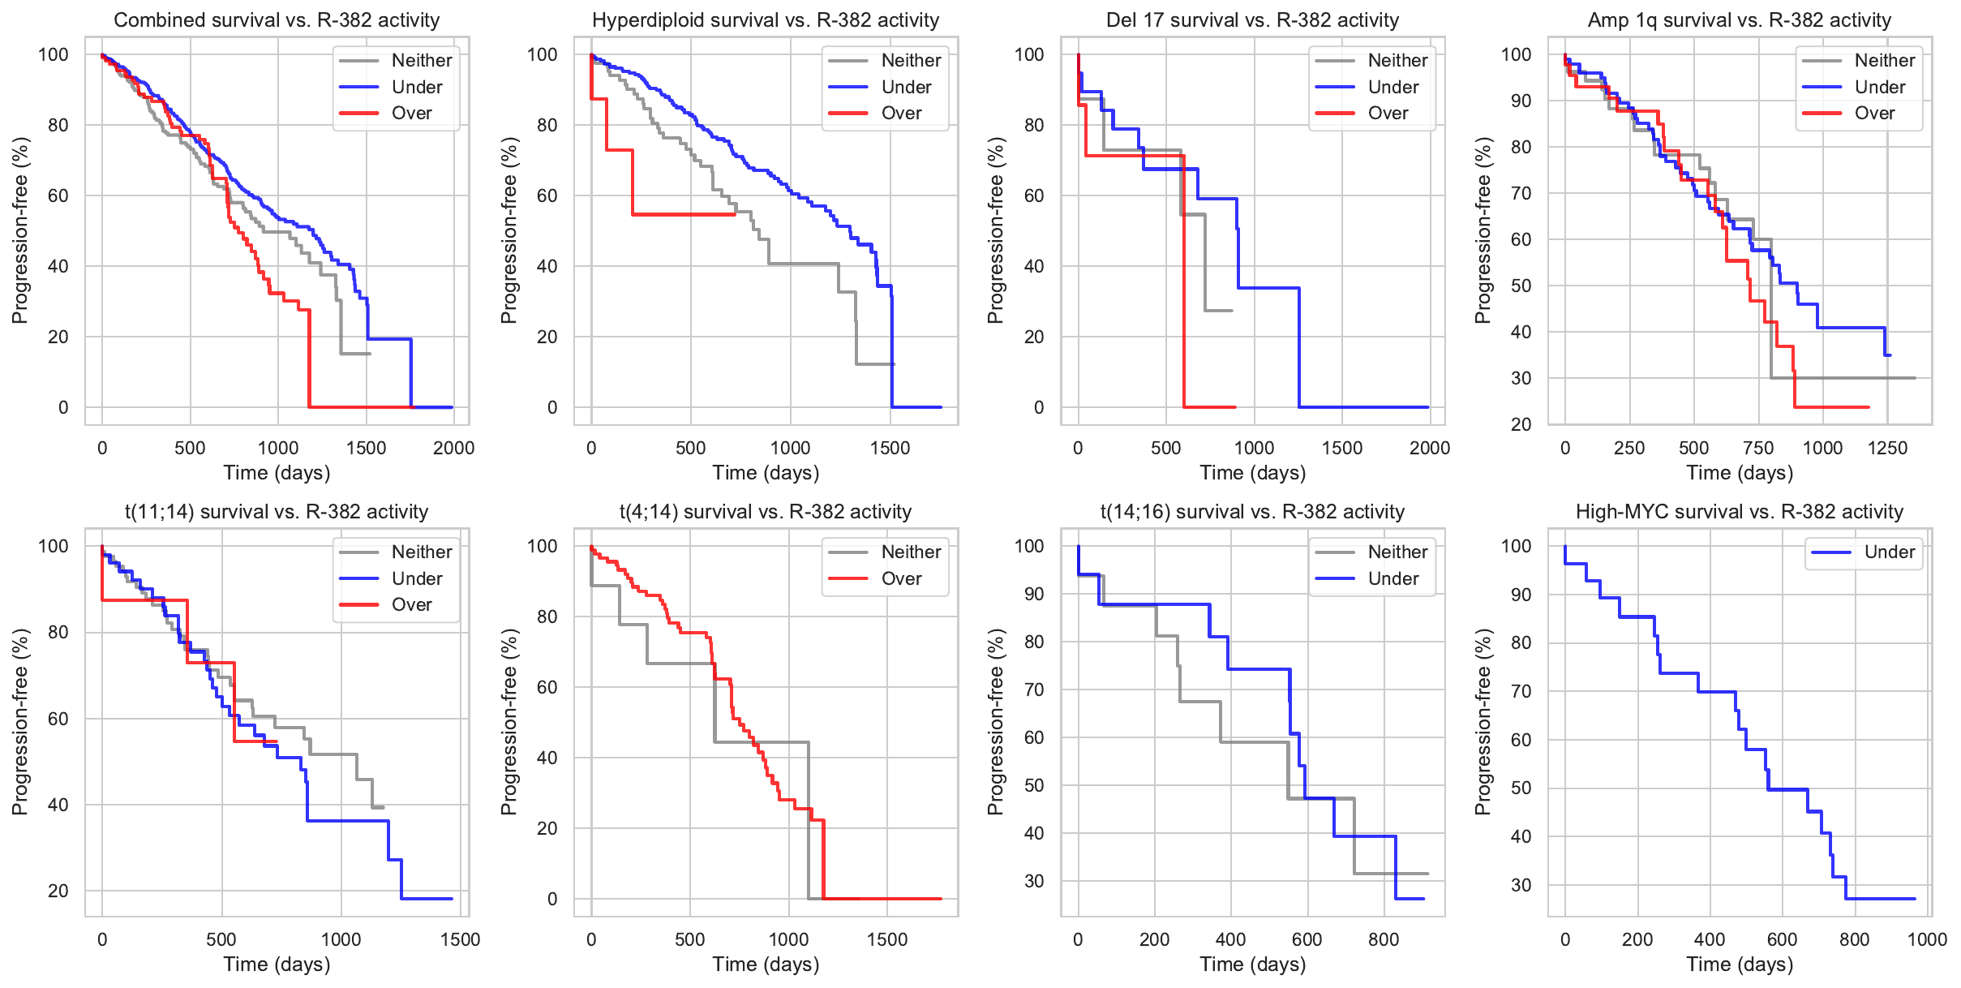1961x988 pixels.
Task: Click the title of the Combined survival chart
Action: tap(277, 20)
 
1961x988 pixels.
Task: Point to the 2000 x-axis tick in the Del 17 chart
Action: tap(1429, 448)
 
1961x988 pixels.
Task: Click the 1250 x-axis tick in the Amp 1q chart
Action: tap(1887, 448)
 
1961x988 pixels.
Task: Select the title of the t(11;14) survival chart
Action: tap(277, 512)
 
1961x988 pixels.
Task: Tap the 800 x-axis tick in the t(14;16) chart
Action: tap(1384, 939)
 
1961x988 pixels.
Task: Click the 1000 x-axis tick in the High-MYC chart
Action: tap(1927, 939)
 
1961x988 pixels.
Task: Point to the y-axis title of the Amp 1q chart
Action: tap(1483, 230)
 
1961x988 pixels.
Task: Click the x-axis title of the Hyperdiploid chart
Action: tap(766, 473)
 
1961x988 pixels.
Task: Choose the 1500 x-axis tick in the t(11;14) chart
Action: tap(461, 939)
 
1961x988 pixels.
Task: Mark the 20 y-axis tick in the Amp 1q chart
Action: tap(1521, 424)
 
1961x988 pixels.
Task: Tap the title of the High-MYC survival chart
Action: tap(1739, 512)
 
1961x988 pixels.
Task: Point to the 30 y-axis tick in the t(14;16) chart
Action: tap(1034, 881)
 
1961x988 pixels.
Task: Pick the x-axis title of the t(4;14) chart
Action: tap(766, 964)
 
